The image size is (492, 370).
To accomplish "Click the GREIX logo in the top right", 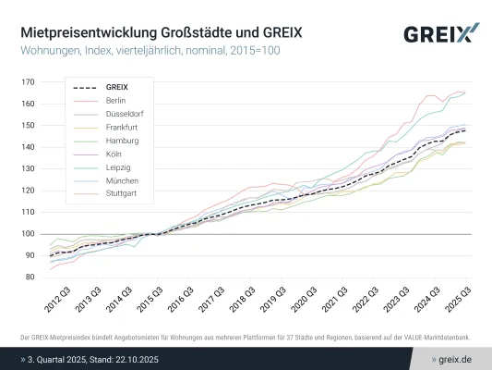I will click(440, 34).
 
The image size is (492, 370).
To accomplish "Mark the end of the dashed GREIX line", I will click(465, 130).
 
